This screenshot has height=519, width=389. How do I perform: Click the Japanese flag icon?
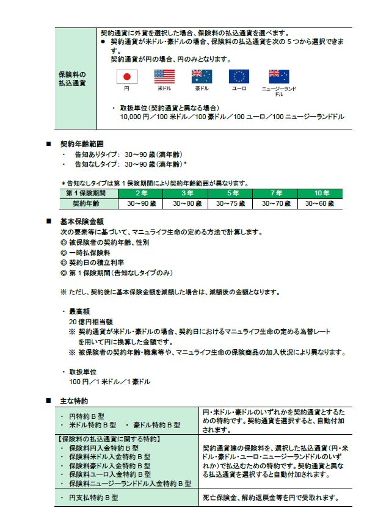point(127,76)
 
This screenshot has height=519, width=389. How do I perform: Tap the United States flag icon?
point(164,76)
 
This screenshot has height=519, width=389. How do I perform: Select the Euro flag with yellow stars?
point(239,76)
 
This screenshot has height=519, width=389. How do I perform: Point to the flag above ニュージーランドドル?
point(279,76)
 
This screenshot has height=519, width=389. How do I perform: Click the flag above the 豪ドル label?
point(202,76)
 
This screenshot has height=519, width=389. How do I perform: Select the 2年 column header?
point(141,193)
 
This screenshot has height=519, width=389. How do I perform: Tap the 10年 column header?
point(321,193)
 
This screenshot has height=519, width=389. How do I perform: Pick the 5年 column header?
point(231,193)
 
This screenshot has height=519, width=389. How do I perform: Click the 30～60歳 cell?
point(321,203)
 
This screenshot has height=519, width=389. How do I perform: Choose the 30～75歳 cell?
point(231,203)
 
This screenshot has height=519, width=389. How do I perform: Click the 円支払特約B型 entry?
point(89,498)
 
